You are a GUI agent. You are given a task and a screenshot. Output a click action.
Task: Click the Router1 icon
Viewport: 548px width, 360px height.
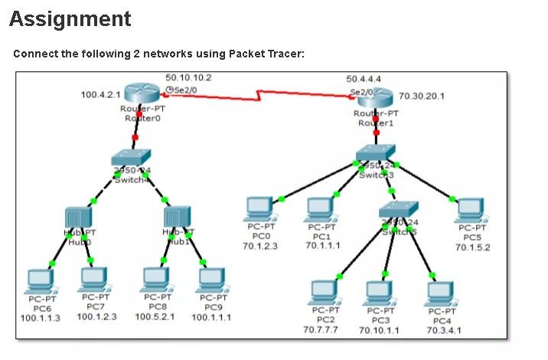375,97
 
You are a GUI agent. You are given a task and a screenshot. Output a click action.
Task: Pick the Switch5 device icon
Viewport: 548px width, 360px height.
399,210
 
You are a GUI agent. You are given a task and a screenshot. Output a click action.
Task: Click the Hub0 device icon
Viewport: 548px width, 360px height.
78,218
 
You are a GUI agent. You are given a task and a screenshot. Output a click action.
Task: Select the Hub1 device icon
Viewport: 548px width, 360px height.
176,218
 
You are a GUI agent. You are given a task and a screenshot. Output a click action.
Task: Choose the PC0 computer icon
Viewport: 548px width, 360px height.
260,209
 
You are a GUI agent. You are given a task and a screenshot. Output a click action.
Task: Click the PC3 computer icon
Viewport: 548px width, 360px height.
380,294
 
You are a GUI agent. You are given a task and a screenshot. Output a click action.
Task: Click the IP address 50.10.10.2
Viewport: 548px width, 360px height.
188,77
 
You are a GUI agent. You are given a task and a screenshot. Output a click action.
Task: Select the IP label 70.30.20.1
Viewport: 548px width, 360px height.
422,97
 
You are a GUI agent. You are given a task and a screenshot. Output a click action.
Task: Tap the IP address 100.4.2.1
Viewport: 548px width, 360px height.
101,94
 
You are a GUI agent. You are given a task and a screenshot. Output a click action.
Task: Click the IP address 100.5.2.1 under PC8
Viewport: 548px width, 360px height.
155,317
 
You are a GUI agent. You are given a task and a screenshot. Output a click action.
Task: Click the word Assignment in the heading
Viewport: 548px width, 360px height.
70,19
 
